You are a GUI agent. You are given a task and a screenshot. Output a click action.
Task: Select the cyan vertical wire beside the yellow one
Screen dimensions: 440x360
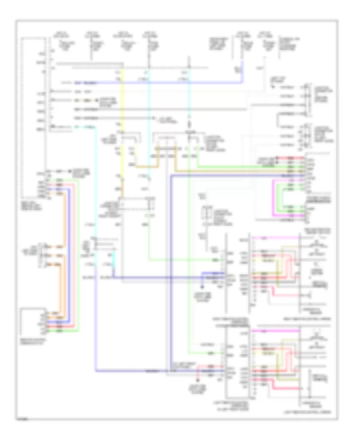pyautogui.click(x=149, y=120)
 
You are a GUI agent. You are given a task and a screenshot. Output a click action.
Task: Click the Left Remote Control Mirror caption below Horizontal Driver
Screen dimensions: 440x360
pyautogui.click(x=316, y=411)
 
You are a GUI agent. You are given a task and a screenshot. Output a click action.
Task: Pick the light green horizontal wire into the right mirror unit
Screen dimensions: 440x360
pyautogui.click(x=180, y=260)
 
